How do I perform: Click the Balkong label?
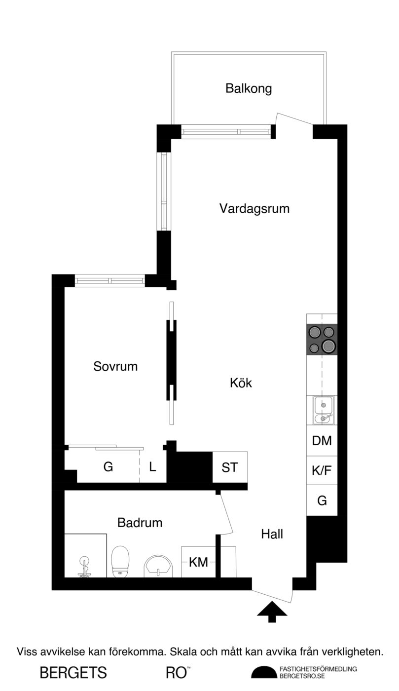249,89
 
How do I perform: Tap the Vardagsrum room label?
254,209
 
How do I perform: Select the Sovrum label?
115,366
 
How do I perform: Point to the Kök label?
241,383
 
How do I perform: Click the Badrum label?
140,523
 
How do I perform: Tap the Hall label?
272,534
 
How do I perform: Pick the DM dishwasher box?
322,440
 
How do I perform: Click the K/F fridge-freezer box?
322,470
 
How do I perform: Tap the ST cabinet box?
230,467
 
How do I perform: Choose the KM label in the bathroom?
198,562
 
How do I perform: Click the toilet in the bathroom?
120,562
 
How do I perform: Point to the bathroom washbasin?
158,566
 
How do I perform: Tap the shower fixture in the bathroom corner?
84,567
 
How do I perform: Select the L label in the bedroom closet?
152,467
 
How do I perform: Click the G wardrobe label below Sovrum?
108,467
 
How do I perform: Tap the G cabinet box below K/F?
322,500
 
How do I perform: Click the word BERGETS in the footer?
73,673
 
